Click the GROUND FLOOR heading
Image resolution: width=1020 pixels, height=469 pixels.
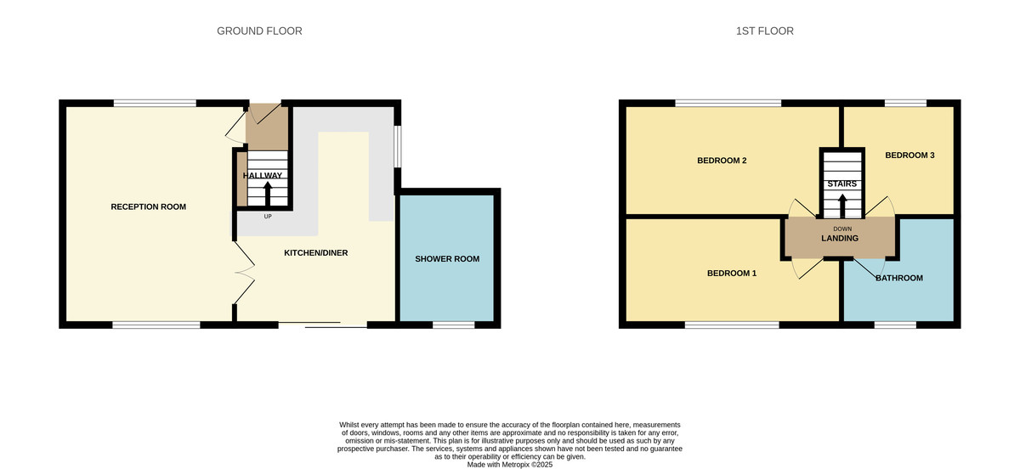point(259,31)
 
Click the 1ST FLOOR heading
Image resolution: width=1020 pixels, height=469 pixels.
point(764,31)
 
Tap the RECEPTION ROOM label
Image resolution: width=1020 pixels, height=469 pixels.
point(148,207)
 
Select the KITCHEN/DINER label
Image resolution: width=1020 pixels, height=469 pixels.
point(315,253)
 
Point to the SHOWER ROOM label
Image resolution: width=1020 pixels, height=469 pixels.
point(447,259)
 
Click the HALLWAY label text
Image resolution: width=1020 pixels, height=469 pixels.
point(263,176)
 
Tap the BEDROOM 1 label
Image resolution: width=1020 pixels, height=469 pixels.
point(732,274)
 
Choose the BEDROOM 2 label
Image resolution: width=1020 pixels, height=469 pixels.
point(722,161)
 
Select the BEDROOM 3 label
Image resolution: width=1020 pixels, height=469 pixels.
point(909,155)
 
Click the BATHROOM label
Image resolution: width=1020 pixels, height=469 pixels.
point(898,278)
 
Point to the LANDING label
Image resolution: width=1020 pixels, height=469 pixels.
point(839,239)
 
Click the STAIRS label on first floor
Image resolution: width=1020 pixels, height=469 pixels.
point(841,184)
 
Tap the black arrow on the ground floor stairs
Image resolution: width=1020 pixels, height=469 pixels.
point(269,195)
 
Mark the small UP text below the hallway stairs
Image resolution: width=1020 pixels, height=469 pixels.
point(268,217)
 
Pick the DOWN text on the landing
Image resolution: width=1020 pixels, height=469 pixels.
point(842,229)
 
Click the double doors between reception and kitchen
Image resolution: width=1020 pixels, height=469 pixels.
point(243,271)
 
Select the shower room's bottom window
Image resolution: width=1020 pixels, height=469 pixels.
point(453,325)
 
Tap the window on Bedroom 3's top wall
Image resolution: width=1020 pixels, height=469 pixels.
point(905,104)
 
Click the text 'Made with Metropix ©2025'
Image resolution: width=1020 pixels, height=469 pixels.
point(510,465)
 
